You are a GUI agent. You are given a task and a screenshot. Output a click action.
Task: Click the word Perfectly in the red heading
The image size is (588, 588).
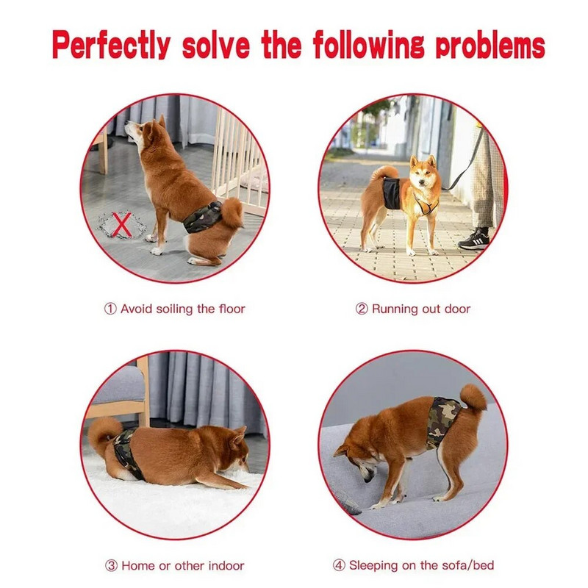(112, 46)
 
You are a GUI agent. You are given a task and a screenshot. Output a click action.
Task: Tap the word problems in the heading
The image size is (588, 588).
(490, 45)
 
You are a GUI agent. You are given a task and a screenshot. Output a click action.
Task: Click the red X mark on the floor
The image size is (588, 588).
(122, 224)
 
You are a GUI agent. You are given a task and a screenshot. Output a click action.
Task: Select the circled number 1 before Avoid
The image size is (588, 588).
(110, 309)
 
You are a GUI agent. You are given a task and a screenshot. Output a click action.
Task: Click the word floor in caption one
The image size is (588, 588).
(232, 309)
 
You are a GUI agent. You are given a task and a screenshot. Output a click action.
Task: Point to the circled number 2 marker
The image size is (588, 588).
(362, 309)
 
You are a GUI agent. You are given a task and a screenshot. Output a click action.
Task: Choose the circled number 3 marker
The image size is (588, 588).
(111, 565)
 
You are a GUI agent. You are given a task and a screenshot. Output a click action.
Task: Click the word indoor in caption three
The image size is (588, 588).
(226, 565)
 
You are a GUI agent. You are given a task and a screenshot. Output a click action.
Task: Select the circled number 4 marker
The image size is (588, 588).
(339, 565)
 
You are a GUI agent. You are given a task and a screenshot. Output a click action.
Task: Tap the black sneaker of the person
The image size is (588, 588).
(474, 240)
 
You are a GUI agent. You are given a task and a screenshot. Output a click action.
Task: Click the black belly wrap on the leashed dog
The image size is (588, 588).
(392, 193)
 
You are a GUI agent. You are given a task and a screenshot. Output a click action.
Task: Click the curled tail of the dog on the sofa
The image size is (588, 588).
(473, 398)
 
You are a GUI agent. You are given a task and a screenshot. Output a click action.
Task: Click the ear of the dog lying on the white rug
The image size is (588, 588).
(237, 437)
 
